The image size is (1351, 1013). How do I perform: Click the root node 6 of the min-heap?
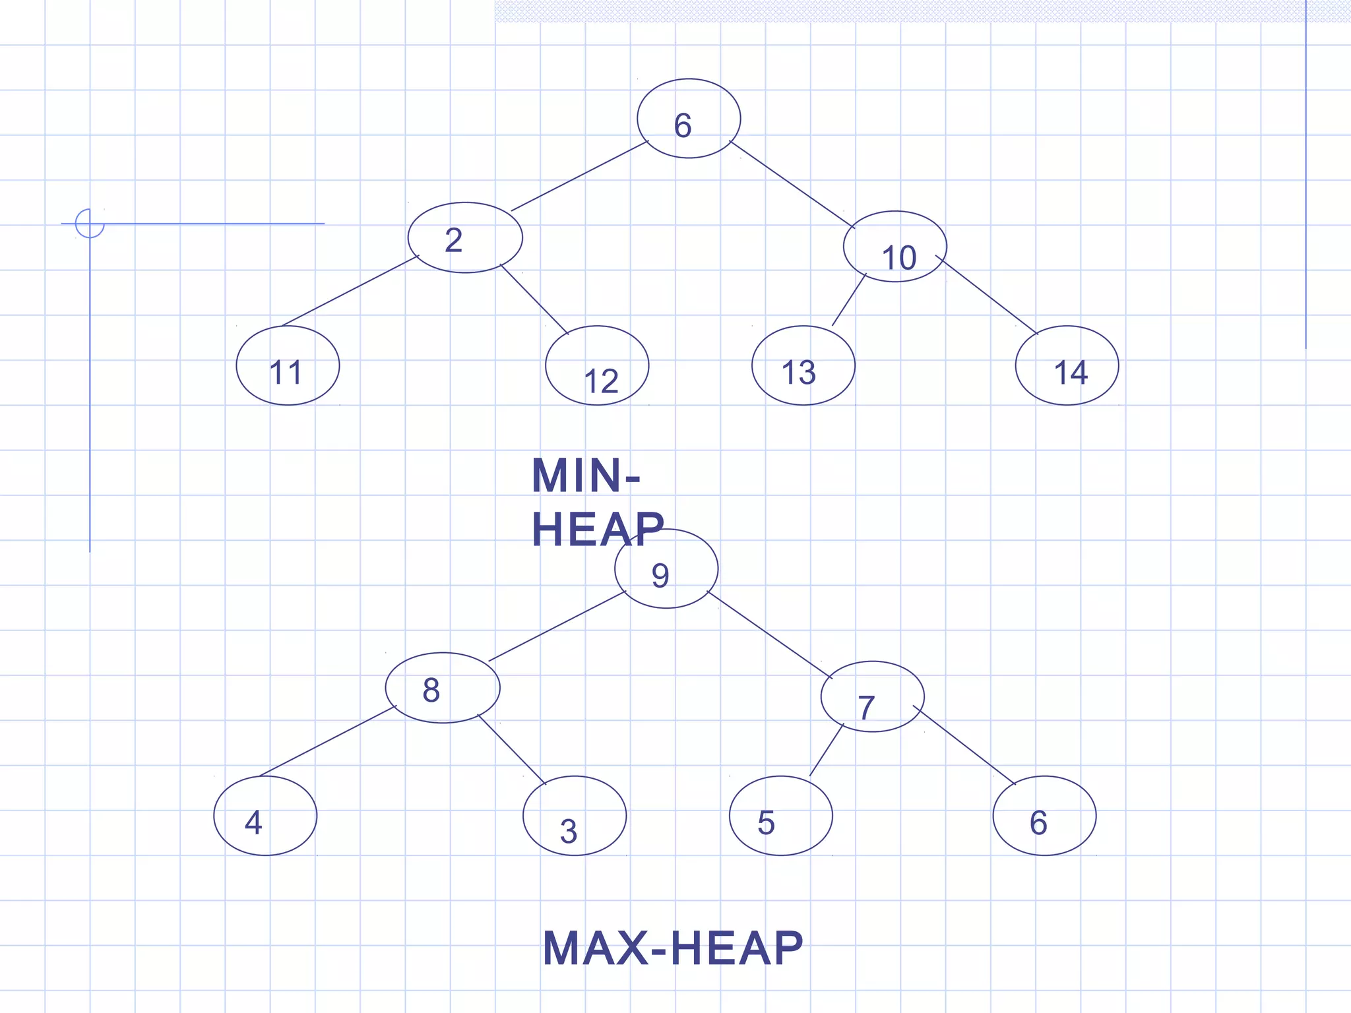pyautogui.click(x=689, y=119)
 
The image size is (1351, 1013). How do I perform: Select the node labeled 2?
pyautogui.click(x=465, y=237)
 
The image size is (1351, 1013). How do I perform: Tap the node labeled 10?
pyautogui.click(x=895, y=247)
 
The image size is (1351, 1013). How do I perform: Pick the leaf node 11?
pyautogui.click(x=288, y=365)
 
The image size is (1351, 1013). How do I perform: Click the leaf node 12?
pyautogui.click(x=597, y=365)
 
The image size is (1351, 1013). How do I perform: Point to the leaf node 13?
pyautogui.click(x=803, y=365)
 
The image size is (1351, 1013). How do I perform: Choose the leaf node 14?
pyautogui.click(x=1067, y=365)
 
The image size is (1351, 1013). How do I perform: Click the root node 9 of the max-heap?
pyautogui.click(x=666, y=568)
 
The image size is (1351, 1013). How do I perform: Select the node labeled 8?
pyautogui.click(x=443, y=688)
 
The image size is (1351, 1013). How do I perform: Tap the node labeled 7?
pyautogui.click(x=872, y=696)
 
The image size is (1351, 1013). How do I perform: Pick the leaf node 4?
pyautogui.click(x=265, y=816)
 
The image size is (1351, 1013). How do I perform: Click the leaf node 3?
pyautogui.click(x=575, y=816)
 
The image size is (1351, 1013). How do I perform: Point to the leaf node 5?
pyautogui.click(x=781, y=816)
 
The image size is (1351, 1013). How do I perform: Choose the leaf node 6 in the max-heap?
pyautogui.click(x=1044, y=816)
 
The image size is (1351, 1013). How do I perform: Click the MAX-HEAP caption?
pyautogui.click(x=673, y=948)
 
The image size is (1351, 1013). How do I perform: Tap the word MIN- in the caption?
pyautogui.click(x=586, y=476)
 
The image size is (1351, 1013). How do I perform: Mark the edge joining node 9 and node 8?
pyautogui.click(x=557, y=627)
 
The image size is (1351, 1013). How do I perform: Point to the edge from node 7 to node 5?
pyautogui.click(x=827, y=750)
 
